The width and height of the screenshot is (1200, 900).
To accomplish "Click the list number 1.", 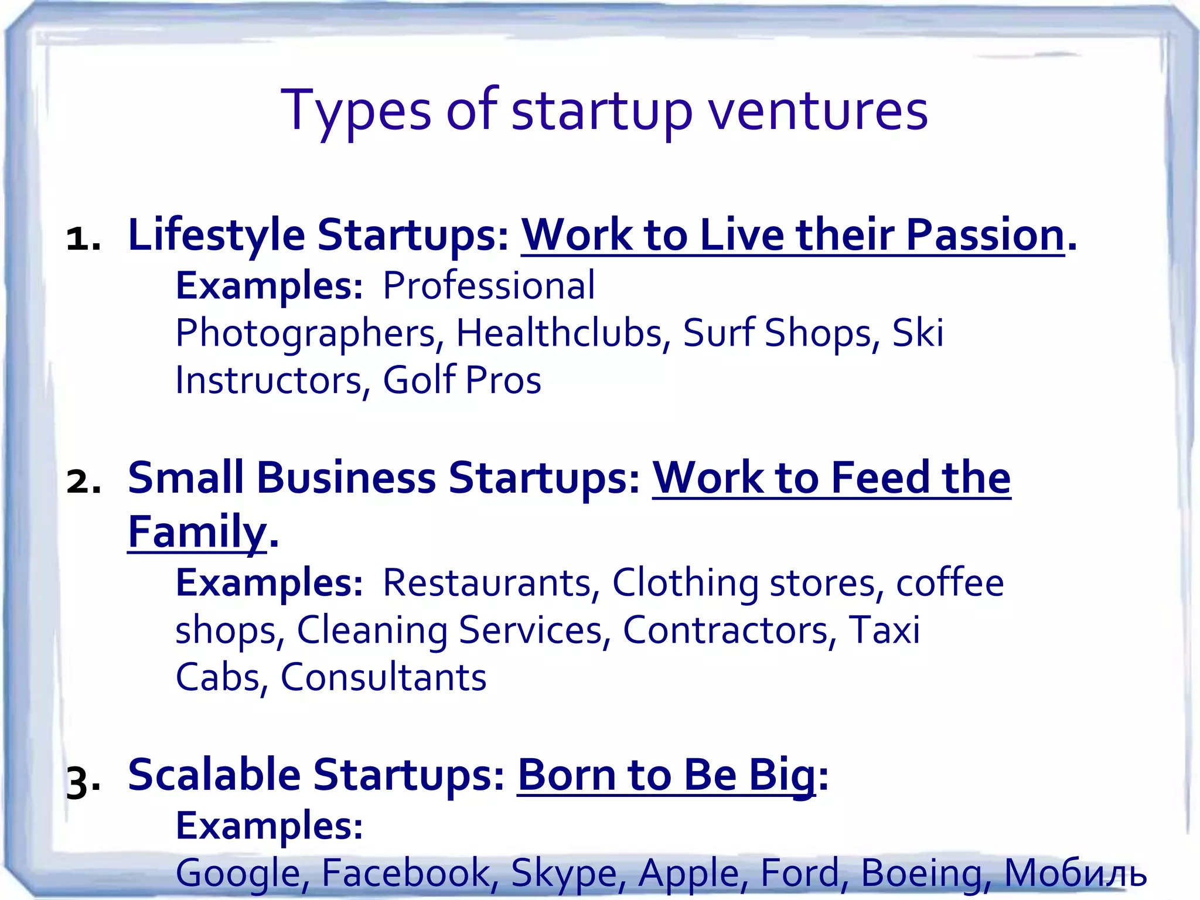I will (x=83, y=239).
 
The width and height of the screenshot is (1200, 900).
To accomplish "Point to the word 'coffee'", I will (x=950, y=583).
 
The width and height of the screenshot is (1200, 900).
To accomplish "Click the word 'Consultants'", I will (x=383, y=677).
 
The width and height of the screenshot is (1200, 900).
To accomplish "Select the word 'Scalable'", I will (x=214, y=775).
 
